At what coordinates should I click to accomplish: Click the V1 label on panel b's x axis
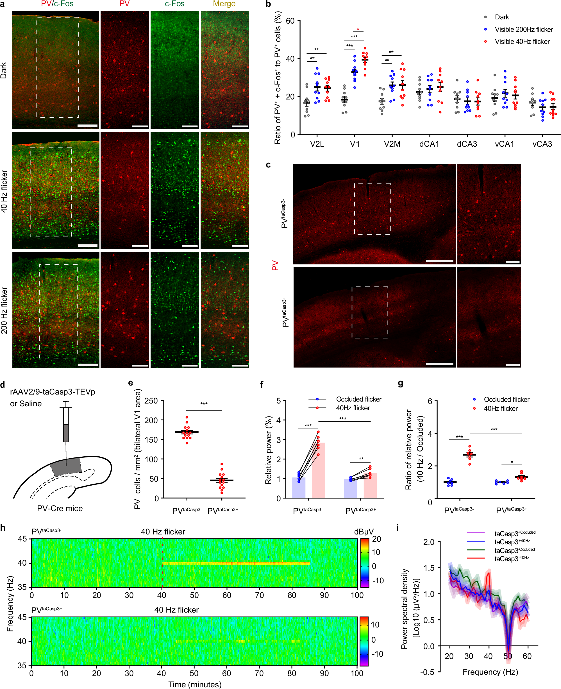point(355,144)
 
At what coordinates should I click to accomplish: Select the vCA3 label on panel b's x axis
point(542,144)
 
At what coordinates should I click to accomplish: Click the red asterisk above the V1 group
point(358,30)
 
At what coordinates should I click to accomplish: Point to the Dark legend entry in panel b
point(501,17)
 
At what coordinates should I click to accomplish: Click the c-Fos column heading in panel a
point(174,4)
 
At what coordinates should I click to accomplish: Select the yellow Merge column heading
point(224,4)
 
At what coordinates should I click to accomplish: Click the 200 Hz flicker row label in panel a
point(4,310)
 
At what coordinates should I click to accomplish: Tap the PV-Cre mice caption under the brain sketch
point(60,508)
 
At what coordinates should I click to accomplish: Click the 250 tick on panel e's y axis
point(151,401)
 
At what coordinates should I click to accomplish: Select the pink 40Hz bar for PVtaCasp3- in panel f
point(318,470)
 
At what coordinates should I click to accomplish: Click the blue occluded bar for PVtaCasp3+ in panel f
point(351,488)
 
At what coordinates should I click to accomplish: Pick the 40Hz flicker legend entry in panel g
point(500,409)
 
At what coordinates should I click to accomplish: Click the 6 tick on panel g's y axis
point(430,401)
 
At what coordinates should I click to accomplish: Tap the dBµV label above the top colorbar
point(364,532)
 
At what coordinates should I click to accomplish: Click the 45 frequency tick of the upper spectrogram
point(22,539)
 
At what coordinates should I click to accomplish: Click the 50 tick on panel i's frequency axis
point(508,656)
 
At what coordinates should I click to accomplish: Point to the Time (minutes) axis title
point(195,685)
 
